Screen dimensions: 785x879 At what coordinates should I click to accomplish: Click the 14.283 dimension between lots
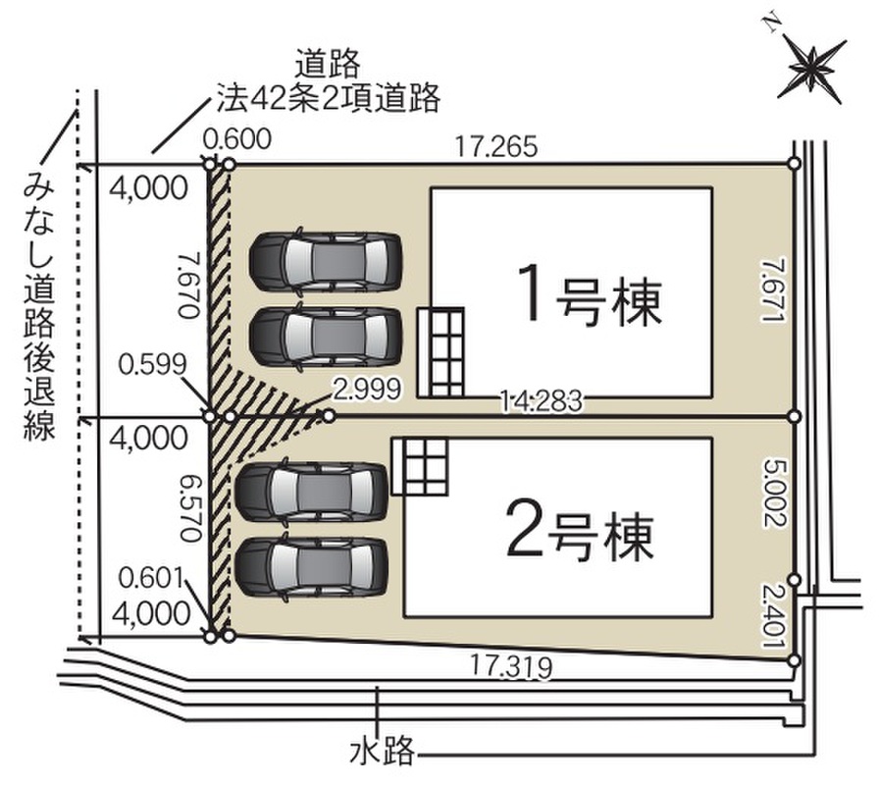click(543, 399)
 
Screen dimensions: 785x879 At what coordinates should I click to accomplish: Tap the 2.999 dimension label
click(367, 390)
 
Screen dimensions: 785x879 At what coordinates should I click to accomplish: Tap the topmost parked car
click(325, 260)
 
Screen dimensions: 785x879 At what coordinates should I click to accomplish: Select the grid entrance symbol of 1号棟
click(440, 351)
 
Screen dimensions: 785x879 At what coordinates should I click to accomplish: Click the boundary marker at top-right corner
click(794, 164)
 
